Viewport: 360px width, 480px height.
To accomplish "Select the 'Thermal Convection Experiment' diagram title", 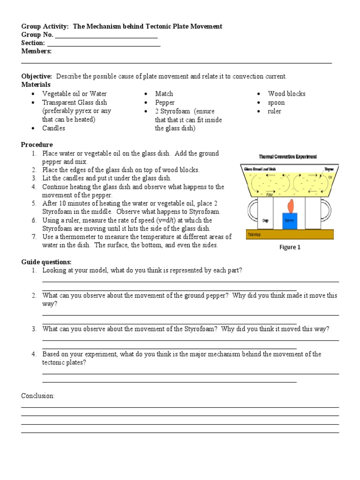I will [x=287, y=157].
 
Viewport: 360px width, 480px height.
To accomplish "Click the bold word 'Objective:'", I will [x=37, y=76].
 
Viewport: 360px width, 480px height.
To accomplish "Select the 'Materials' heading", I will [x=36, y=85].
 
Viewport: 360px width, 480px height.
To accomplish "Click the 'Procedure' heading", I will [x=37, y=145].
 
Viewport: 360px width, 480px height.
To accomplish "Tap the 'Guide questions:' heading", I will [x=46, y=262].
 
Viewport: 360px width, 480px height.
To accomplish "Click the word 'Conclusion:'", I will [x=38, y=396].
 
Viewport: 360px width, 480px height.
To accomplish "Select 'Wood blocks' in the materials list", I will [x=286, y=94].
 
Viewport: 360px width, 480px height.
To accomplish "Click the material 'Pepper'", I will [x=165, y=103].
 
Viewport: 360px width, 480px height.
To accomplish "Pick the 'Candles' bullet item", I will [x=53, y=128].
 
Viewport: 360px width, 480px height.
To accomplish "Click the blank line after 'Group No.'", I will [x=106, y=36].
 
